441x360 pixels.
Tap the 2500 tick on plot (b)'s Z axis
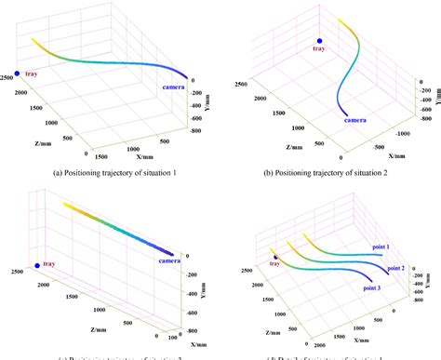(241, 85)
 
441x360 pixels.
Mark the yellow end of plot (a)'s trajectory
(33, 39)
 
